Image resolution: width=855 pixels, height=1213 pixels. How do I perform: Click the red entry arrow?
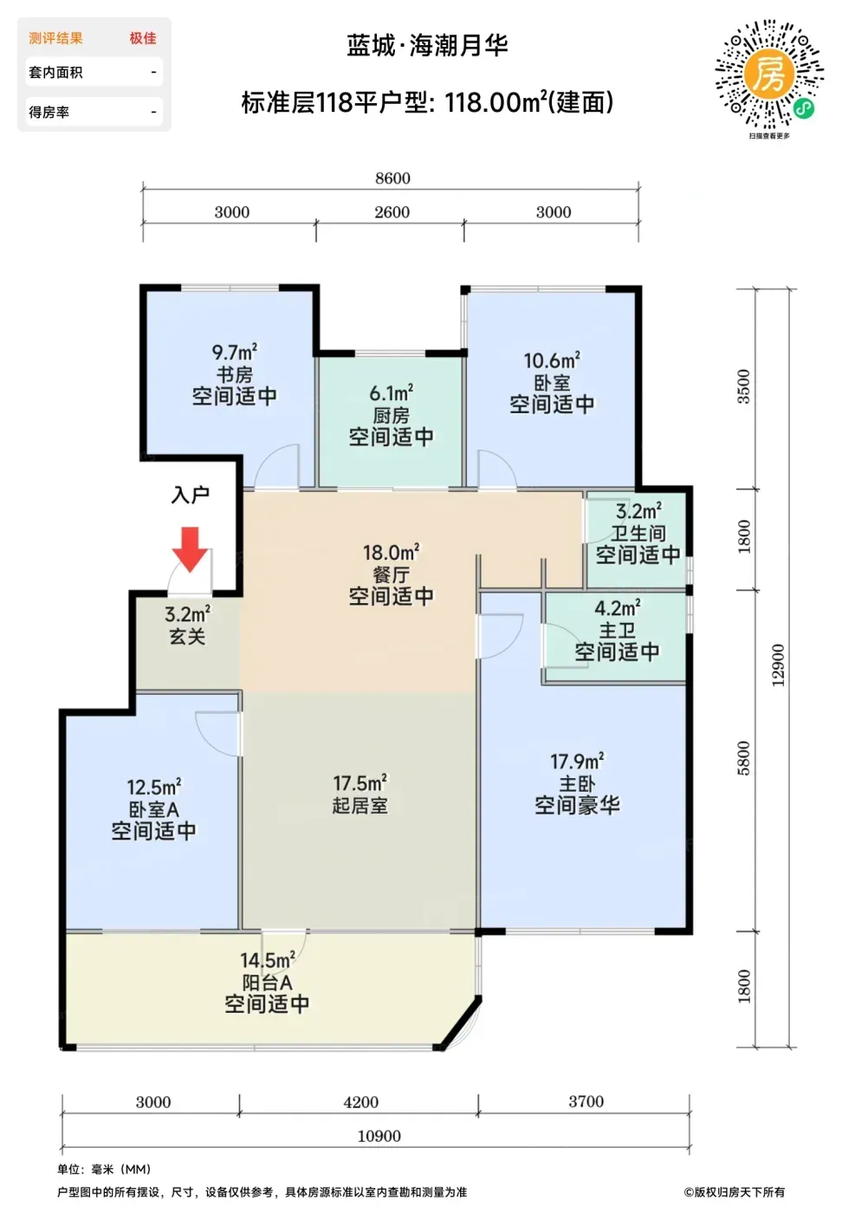click(x=190, y=549)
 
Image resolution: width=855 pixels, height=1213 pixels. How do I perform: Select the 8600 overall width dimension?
click(x=392, y=178)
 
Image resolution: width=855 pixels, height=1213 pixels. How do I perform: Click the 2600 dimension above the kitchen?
click(x=392, y=211)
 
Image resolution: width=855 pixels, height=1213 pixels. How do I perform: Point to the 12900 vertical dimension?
click(x=778, y=665)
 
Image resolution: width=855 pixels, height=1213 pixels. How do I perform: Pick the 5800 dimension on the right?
click(x=744, y=758)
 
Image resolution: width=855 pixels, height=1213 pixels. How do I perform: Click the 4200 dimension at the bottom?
click(x=360, y=1102)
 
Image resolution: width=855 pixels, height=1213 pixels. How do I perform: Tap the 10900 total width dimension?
click(x=379, y=1136)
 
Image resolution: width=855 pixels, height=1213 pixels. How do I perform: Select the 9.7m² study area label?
click(x=235, y=352)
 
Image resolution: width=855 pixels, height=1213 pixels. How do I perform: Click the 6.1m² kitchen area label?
click(x=392, y=393)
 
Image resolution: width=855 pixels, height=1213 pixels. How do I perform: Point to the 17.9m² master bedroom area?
click(x=577, y=762)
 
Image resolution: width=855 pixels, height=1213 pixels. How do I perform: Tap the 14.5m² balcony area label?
click(x=268, y=960)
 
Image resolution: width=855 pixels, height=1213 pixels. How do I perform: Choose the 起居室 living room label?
click(x=360, y=806)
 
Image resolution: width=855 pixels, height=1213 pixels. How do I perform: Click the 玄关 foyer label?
click(x=187, y=636)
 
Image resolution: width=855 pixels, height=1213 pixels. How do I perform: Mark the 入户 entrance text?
click(x=190, y=495)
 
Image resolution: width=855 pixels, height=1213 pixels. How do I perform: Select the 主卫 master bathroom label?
click(x=618, y=631)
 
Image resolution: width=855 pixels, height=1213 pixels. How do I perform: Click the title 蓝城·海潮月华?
click(x=428, y=45)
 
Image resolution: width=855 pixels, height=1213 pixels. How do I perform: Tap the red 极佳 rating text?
click(x=143, y=38)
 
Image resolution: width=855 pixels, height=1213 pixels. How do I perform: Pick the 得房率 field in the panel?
click(x=49, y=112)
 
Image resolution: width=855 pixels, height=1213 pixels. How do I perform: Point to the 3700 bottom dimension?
click(x=586, y=1101)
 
